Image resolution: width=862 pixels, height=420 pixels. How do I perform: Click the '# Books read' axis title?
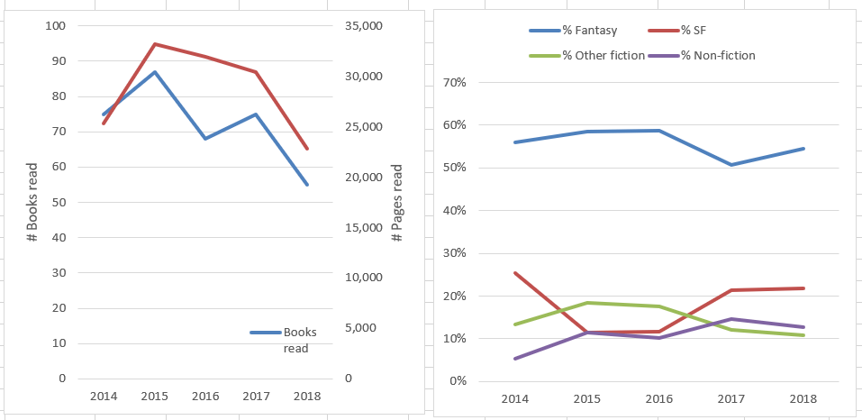(x=32, y=203)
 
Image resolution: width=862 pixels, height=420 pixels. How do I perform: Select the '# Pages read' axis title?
(x=396, y=203)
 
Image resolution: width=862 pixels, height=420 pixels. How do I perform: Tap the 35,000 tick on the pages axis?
(x=365, y=25)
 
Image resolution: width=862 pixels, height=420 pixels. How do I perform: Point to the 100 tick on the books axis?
(x=56, y=25)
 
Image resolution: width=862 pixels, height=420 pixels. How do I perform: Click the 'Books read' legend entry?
(x=295, y=341)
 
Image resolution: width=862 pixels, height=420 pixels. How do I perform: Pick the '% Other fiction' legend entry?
(x=603, y=55)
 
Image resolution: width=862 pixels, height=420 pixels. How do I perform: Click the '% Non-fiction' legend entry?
(x=717, y=55)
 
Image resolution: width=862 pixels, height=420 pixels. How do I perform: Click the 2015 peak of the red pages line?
(x=155, y=44)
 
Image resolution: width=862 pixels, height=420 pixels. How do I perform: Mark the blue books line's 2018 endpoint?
(x=308, y=185)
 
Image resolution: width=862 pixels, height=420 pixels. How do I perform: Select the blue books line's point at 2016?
(x=205, y=139)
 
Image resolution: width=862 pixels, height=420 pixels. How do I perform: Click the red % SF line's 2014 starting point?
(x=514, y=273)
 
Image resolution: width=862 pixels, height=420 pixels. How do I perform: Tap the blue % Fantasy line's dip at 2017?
(x=731, y=165)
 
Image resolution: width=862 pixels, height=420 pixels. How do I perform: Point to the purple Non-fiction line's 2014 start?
(x=514, y=359)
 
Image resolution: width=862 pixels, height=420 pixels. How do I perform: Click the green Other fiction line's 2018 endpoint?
(x=803, y=335)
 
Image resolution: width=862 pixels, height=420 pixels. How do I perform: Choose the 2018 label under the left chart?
(x=307, y=397)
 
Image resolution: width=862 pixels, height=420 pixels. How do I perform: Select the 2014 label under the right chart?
(x=514, y=399)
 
